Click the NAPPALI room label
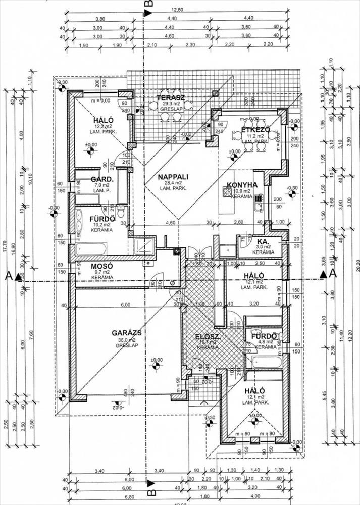tap(172, 177)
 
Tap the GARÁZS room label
tap(126, 333)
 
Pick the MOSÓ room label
tap(101, 266)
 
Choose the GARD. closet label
tap(101, 179)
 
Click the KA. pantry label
tap(262, 241)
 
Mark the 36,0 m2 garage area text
tap(126, 340)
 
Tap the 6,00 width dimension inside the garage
tap(125, 305)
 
